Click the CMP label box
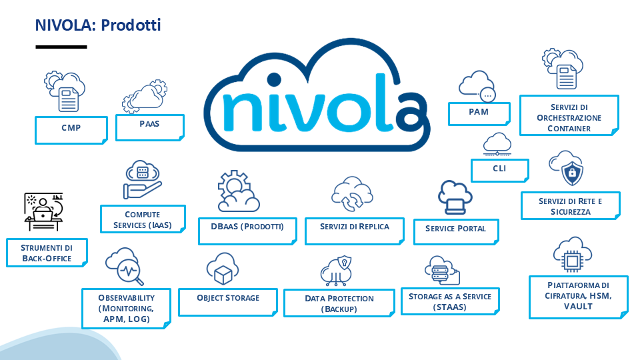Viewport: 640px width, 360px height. point(71,130)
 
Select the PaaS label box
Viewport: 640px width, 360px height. point(150,127)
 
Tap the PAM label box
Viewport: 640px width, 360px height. point(479,114)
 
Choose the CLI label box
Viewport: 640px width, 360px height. point(499,170)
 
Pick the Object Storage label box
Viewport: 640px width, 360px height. point(228,302)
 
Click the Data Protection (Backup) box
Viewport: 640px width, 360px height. point(339,303)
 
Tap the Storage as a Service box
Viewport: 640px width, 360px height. point(450,301)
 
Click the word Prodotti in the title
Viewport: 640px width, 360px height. point(131,25)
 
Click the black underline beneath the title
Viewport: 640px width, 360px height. point(61,47)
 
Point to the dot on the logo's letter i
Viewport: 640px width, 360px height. point(274,80)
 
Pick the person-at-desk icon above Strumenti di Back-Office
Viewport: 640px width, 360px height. point(43,212)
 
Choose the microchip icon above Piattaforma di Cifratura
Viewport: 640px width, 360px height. point(572,261)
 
